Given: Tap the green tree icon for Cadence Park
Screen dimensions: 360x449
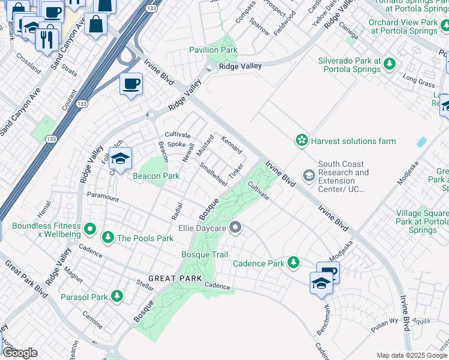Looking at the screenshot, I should (x=293, y=262).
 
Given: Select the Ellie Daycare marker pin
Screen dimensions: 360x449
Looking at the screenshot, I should (x=236, y=227).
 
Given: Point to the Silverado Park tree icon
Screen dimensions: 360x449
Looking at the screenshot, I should (x=390, y=63).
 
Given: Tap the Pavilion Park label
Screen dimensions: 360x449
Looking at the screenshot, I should (x=213, y=50).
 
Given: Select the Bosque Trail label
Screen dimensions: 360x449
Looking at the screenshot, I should (x=204, y=254).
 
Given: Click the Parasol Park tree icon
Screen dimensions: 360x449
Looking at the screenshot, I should (x=116, y=296).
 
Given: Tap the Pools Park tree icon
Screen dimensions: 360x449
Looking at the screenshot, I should (x=108, y=237).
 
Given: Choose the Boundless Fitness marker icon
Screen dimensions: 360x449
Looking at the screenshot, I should (x=90, y=228).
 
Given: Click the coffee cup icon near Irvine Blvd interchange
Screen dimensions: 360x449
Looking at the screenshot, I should (x=131, y=84).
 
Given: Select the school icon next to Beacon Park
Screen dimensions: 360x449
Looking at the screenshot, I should (x=121, y=160).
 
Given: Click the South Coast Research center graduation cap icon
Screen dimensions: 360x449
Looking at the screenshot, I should (x=309, y=176).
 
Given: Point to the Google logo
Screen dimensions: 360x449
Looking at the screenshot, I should (x=20, y=353).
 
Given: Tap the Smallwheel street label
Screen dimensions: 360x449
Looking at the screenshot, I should (x=212, y=174).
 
